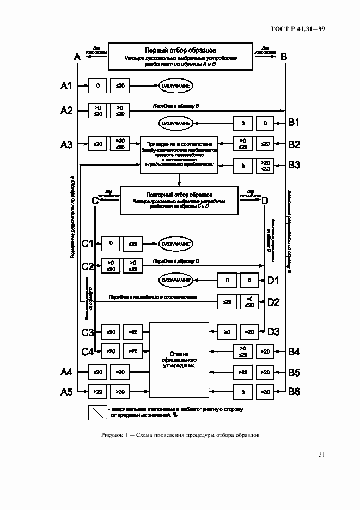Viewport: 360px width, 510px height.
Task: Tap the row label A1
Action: coord(66,86)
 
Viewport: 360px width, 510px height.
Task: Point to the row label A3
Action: coord(66,144)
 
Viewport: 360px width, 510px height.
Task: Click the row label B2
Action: coord(294,144)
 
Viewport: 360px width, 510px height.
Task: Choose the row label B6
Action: coord(294,391)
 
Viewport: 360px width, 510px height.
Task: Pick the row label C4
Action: coord(88,351)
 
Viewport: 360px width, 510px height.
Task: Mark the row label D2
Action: coord(273,302)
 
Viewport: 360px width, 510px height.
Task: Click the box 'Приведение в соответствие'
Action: coord(179,155)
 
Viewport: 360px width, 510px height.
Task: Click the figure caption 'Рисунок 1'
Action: coord(180,435)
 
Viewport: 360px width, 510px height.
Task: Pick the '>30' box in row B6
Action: coord(265,391)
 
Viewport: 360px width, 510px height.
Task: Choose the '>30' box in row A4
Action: coord(120,372)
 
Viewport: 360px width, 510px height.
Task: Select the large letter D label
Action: coord(265,201)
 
